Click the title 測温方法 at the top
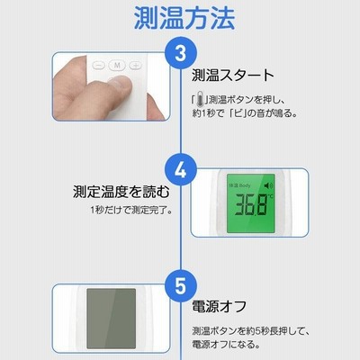point(184,18)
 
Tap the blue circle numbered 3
point(181,53)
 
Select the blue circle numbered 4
point(181,170)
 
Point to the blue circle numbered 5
point(181,285)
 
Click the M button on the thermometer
point(117,65)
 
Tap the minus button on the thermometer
point(98,65)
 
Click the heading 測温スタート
point(233,76)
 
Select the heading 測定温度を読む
point(121,192)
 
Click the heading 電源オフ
point(220,307)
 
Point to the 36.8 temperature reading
point(251,204)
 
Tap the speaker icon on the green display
point(268,186)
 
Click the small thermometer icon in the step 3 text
point(201,100)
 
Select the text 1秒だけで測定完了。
point(131,211)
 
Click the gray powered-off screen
point(112,319)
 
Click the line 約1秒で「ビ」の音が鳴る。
point(245,113)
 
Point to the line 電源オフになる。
point(226,344)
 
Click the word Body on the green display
point(245,185)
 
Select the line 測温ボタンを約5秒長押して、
point(250,331)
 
